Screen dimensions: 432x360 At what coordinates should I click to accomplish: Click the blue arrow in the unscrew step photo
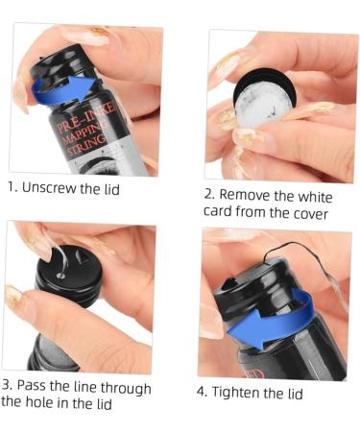58,94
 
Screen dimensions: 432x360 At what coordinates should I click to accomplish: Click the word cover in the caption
310,213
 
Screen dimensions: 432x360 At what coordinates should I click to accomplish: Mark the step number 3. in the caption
9,387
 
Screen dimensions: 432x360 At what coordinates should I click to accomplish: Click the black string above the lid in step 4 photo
288,252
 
